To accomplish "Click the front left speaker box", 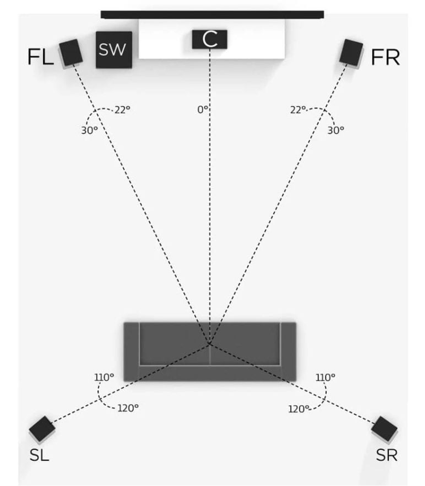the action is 71,53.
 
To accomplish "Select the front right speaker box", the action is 351,53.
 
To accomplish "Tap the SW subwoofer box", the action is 114,50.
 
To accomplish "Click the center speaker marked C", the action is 210,39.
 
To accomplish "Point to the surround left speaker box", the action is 42,429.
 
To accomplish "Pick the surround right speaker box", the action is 384,429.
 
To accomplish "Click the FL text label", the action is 40,57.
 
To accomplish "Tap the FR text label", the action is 385,57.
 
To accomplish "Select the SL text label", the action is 40,455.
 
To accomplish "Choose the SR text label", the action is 387,455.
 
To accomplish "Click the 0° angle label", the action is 203,110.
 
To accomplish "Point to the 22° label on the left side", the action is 122,110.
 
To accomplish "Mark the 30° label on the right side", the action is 336,130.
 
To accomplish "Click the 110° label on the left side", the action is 104,377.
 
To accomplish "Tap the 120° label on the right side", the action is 299,409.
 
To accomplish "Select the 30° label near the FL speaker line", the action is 89,130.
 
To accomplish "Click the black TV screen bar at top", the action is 212,15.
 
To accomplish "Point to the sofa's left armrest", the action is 131,352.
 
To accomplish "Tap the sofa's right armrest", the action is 288,352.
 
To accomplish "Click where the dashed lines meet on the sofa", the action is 210,344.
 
